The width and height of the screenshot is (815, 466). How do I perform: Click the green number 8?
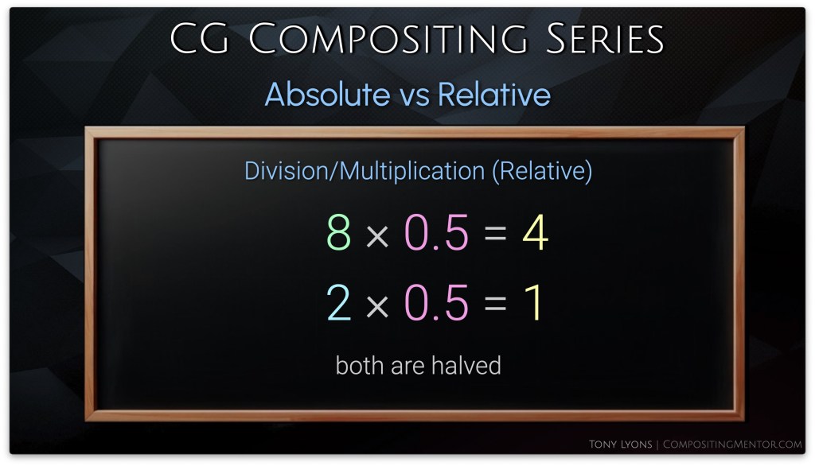coord(339,232)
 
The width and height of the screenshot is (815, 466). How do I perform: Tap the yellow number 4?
coord(536,232)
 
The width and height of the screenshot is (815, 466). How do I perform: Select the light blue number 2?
coord(338,303)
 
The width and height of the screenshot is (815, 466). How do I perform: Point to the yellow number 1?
coord(534,303)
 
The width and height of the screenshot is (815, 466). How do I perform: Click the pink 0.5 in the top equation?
coord(437,232)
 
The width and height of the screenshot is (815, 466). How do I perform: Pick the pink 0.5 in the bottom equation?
coord(437,303)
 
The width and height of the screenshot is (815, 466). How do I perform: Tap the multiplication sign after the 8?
coord(377,236)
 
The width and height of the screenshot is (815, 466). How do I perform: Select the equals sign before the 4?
coord(495,233)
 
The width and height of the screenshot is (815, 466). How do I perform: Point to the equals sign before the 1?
coord(495,303)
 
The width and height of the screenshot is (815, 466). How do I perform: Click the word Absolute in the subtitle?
coord(327,94)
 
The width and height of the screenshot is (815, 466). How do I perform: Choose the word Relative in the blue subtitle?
coord(493,94)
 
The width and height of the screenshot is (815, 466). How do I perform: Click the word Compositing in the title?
coord(388,38)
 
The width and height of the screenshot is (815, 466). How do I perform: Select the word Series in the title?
coord(605,38)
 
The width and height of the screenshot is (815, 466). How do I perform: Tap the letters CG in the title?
coord(199,38)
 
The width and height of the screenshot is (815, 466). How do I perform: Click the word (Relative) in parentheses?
coord(542,171)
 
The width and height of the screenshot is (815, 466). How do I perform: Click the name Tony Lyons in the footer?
coord(620,445)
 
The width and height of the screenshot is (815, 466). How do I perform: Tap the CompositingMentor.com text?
coord(732,445)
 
